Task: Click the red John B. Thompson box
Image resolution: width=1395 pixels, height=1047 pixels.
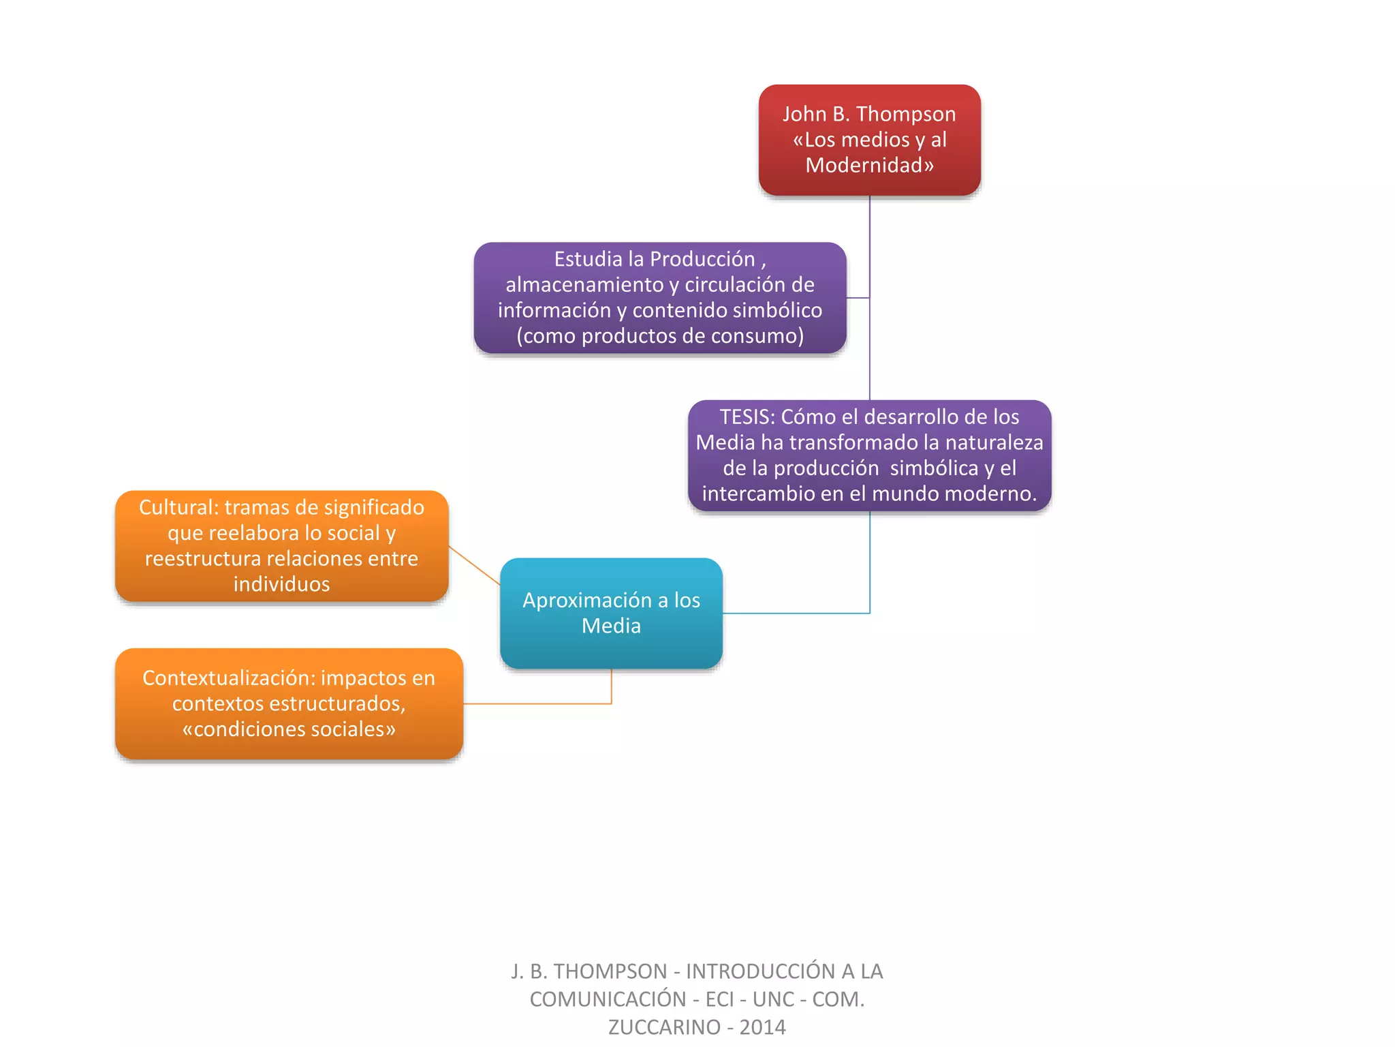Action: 869,140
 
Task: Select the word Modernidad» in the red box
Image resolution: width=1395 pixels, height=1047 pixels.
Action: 869,166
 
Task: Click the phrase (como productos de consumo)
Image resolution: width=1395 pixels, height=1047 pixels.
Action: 660,336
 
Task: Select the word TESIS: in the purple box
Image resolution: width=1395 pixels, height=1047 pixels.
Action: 747,417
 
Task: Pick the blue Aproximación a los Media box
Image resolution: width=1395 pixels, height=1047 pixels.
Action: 611,613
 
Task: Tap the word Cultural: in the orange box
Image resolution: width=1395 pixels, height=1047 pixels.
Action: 178,508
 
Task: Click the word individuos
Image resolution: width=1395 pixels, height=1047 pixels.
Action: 281,585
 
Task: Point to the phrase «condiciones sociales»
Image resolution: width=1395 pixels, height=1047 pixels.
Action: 289,729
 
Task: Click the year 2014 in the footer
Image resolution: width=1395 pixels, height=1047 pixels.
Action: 763,1027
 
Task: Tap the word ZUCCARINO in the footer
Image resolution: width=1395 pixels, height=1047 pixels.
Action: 663,1027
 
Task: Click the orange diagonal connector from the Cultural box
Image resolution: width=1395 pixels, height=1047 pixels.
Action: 474,565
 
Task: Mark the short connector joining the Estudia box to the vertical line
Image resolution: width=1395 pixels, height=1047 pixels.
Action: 858,298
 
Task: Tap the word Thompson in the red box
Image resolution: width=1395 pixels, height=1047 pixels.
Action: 905,115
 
